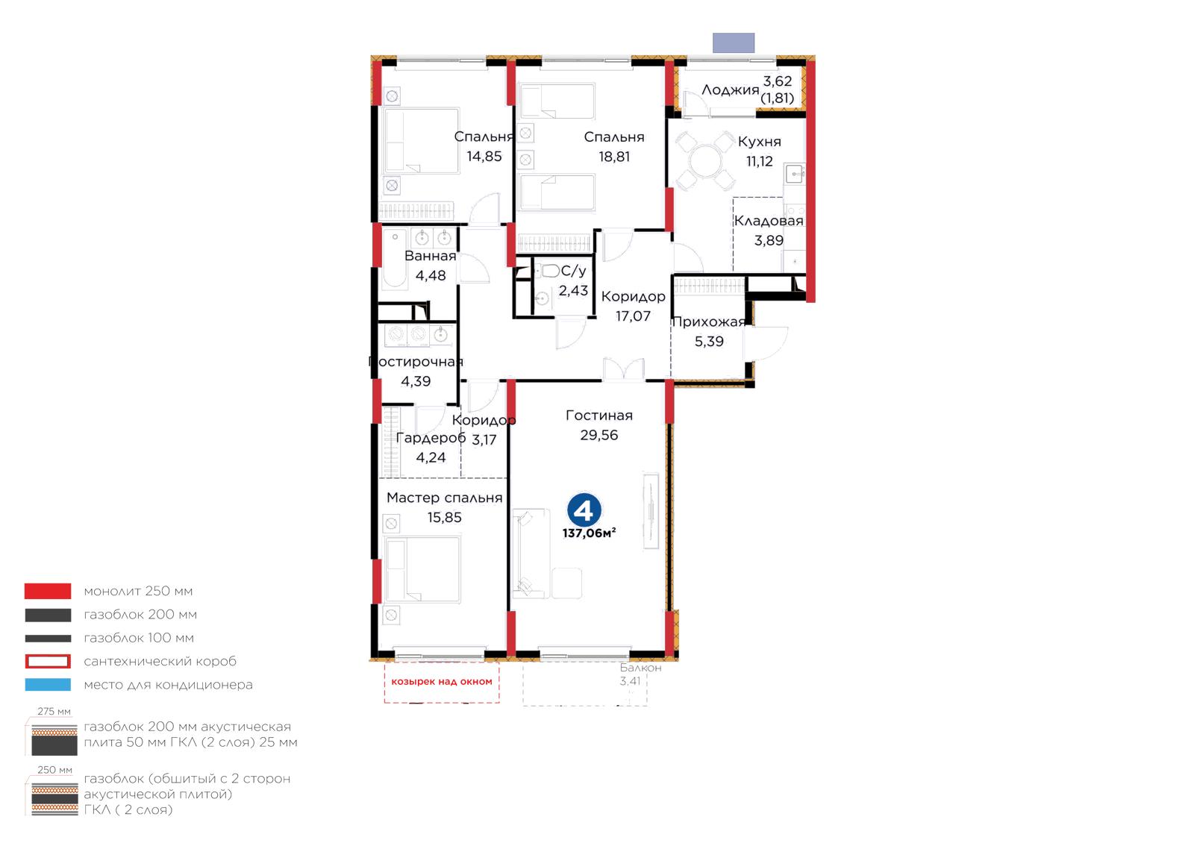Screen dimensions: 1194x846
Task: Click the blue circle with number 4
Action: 584,510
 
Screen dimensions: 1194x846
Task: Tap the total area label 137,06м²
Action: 589,533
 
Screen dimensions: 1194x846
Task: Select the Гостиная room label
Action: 599,415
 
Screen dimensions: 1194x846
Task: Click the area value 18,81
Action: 614,157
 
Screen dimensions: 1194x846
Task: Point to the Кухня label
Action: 759,142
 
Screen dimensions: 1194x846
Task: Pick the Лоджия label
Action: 731,90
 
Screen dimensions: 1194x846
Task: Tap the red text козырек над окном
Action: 441,681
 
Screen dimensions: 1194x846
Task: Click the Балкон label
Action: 641,668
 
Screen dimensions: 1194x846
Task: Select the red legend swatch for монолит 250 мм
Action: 48,591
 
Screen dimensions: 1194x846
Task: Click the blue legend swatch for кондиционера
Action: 48,685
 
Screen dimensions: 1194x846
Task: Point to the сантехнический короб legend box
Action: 48,661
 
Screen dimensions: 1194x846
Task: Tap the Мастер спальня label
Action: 445,498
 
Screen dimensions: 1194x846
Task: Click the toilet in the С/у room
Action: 548,271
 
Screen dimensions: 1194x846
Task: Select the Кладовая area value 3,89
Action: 769,240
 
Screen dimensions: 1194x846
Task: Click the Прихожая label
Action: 708,322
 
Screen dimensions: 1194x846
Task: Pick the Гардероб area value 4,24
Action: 431,457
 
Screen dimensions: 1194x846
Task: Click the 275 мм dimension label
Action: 54,711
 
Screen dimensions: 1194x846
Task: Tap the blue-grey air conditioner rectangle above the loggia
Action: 734,43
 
